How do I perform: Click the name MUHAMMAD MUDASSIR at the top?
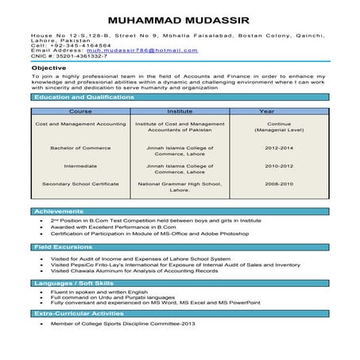180,17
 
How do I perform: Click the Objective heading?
49,68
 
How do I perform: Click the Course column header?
81,112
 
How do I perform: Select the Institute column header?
180,112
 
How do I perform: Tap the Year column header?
278,112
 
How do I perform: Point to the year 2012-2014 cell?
278,148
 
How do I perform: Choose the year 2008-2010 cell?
278,184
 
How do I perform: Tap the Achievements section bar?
180,211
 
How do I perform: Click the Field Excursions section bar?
180,248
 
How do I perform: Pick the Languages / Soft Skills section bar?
180,283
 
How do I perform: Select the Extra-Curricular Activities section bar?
180,314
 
